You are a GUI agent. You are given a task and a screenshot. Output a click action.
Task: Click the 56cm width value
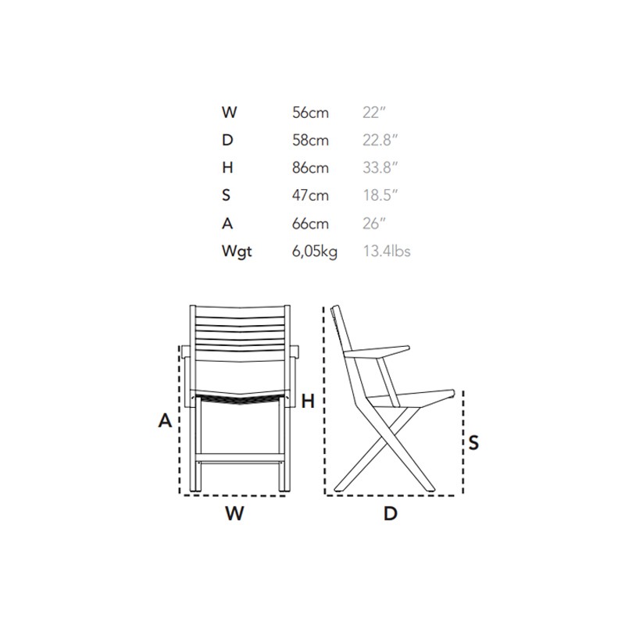[310, 112]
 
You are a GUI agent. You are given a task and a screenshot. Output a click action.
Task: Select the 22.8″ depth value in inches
[380, 141]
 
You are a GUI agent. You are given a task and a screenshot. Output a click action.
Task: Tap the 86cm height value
[310, 168]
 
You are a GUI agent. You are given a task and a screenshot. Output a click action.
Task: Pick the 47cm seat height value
[310, 195]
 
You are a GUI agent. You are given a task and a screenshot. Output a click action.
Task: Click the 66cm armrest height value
[310, 223]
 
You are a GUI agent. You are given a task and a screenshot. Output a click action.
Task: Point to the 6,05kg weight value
[315, 252]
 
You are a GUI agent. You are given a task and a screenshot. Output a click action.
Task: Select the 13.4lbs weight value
[387, 251]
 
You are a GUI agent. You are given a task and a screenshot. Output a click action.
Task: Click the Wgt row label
[237, 252]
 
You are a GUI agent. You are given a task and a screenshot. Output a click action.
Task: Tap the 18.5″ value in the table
[380, 195]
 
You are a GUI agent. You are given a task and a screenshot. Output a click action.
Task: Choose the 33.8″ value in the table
[380, 168]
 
